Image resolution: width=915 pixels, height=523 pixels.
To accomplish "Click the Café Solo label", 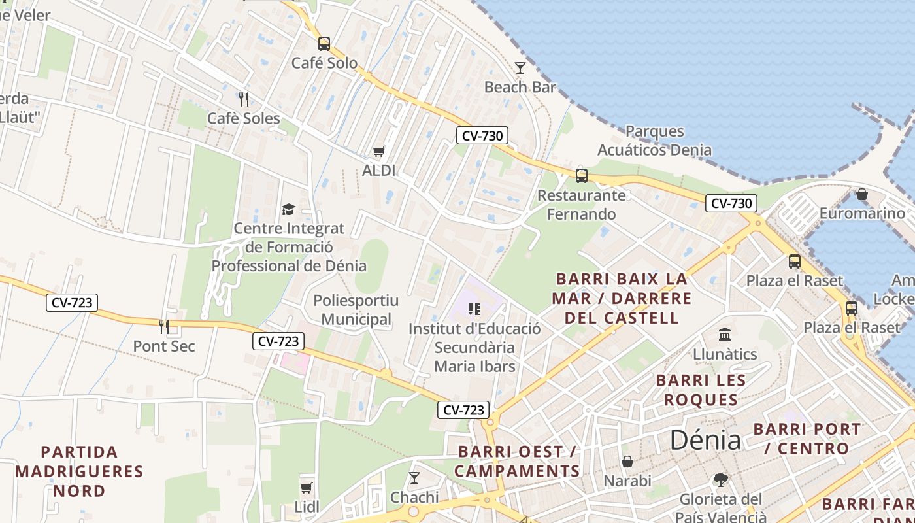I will coord(324,63).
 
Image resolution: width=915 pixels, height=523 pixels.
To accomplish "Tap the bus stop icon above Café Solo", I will coord(324,44).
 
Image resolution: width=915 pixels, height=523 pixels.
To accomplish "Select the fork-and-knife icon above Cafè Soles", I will coord(243,99).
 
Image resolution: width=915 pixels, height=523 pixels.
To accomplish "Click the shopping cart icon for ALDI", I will coord(378,152).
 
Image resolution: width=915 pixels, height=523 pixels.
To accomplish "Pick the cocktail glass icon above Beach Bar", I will coord(520,67).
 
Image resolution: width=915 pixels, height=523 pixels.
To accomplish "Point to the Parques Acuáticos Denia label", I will coord(654,141).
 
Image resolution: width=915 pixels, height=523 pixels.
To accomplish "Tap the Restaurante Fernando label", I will coord(581,205).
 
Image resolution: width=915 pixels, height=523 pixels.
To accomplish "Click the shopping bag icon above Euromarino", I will coord(862,194).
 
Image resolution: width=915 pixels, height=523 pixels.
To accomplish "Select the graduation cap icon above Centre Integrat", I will coord(288,209).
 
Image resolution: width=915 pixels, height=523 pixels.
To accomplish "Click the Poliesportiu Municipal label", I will coord(356,310).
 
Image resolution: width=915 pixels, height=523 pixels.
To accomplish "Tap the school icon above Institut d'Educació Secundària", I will coord(474,309).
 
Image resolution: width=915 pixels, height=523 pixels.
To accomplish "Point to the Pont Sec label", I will coord(164,346).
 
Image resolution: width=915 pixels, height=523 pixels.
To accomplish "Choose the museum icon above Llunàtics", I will coord(725,335).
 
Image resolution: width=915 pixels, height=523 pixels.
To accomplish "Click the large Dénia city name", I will coord(705,440).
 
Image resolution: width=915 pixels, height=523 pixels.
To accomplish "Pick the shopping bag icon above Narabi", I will coord(627,462).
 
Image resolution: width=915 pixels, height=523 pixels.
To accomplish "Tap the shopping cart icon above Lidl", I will coord(306,488).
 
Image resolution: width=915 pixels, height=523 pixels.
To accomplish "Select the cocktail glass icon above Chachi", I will coord(414,478).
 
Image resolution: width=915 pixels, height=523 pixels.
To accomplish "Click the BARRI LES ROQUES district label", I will coord(701,390).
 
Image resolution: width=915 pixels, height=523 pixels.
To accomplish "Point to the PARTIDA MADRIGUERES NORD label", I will coord(79,471).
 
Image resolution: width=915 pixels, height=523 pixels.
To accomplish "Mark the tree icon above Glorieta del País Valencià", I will coord(721,480).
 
